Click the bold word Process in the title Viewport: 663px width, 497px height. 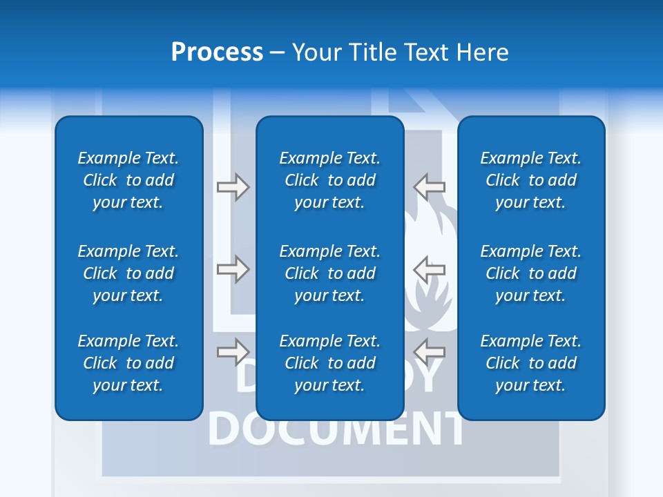click(217, 52)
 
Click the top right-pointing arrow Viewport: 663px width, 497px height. click(233, 186)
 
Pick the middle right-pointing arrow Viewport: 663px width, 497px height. click(233, 269)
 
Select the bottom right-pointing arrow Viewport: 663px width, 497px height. click(233, 351)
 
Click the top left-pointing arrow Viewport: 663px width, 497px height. click(430, 186)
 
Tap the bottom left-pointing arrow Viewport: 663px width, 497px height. click(430, 351)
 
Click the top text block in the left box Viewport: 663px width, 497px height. click(128, 180)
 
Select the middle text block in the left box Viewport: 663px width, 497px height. click(128, 273)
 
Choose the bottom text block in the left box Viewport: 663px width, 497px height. click(128, 363)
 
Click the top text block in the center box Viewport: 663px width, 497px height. click(329, 180)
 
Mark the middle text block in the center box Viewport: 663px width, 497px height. click(329, 273)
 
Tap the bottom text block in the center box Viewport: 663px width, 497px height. click(329, 363)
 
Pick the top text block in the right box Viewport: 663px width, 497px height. click(530, 180)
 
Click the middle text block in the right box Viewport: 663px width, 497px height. click(530, 273)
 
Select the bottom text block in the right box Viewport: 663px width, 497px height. click(530, 363)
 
